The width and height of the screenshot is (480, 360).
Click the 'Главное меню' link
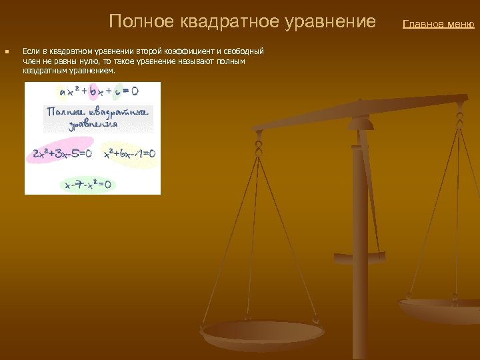[x=438, y=25]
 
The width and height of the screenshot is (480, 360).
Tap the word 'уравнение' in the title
[x=336, y=22]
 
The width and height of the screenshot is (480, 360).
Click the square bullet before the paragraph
[x=6, y=51]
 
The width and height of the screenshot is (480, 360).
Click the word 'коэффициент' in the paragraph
[x=189, y=51]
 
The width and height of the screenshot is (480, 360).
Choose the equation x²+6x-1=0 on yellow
[x=129, y=154]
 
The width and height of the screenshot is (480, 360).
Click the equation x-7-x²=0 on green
[x=88, y=184]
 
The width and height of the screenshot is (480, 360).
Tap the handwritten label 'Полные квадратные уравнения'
[x=97, y=118]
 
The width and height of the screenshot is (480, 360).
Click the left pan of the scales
[x=263, y=331]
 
